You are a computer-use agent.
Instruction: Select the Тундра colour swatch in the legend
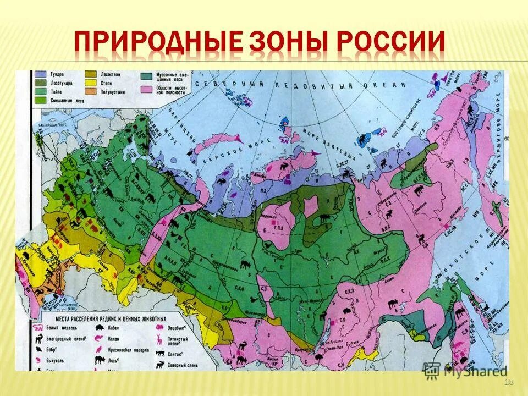click(40, 74)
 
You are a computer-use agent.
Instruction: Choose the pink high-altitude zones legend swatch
click(146, 89)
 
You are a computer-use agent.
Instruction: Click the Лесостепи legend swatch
click(91, 74)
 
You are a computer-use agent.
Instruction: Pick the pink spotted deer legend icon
click(159, 339)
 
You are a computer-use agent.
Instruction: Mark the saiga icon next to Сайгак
click(159, 351)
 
